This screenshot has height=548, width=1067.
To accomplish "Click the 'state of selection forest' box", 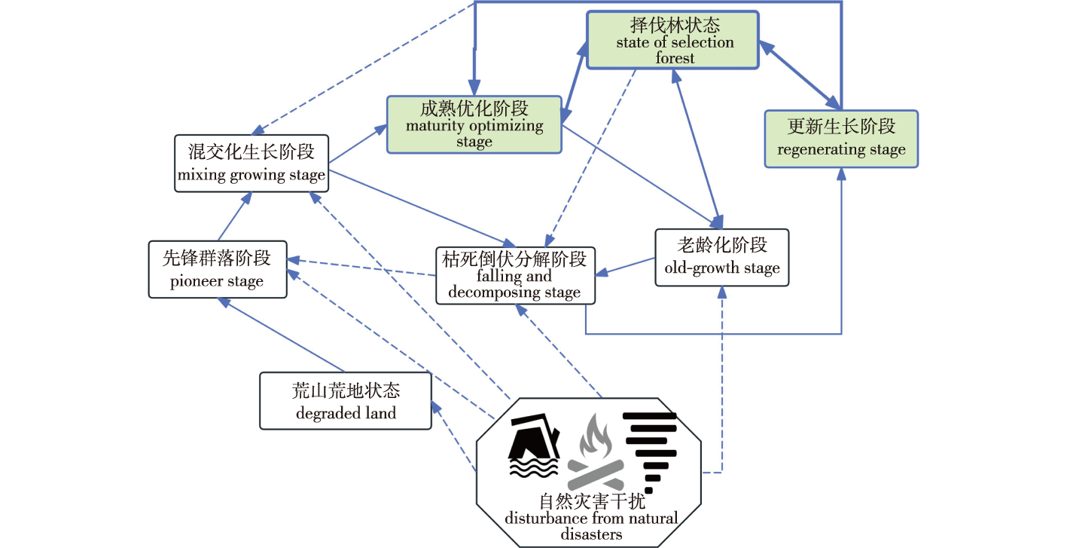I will click(x=672, y=40).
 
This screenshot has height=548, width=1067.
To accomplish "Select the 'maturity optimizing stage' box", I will click(x=474, y=125).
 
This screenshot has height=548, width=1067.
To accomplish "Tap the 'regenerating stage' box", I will click(x=841, y=139).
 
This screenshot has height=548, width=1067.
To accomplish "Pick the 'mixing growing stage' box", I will click(x=252, y=164).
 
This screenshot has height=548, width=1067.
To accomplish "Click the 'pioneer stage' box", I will click(x=217, y=270).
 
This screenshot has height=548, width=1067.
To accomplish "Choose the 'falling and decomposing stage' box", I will click(x=515, y=275).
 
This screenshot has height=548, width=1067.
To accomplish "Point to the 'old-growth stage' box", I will click(x=721, y=258).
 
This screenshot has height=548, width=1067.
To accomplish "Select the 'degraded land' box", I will click(x=346, y=401).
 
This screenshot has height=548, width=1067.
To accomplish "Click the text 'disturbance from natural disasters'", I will click(x=591, y=526).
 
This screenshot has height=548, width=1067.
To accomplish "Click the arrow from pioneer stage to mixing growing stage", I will click(x=233, y=216).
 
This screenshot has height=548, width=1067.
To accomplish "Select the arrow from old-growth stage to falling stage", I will click(x=625, y=266).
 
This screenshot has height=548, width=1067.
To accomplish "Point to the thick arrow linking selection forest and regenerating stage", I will click(x=800, y=75).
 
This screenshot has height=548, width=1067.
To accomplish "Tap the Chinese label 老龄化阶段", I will click(x=721, y=245).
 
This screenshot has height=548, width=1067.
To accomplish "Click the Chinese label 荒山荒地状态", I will click(x=346, y=390).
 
